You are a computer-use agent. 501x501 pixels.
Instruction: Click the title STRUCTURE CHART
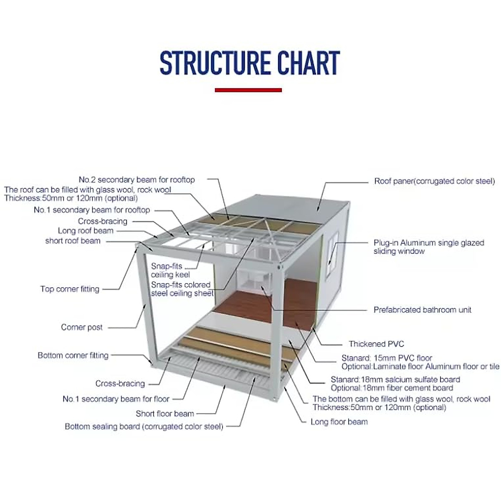(x=250, y=63)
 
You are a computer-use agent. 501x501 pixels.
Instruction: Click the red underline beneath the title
(x=248, y=90)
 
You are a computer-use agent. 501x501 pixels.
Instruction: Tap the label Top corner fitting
(x=70, y=289)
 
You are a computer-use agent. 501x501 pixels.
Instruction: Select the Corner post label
(x=81, y=327)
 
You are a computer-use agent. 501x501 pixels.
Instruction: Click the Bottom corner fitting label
(x=73, y=355)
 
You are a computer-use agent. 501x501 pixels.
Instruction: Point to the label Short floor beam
(x=164, y=414)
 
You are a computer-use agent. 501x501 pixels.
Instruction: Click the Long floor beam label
(x=339, y=422)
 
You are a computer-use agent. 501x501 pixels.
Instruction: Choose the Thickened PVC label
(x=376, y=344)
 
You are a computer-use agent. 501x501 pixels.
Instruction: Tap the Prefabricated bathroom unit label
(x=422, y=310)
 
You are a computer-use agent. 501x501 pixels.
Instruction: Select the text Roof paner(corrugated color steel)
(x=434, y=181)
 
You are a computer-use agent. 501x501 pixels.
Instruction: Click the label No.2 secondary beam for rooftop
(x=137, y=180)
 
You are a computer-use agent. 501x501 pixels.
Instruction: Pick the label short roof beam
(x=73, y=241)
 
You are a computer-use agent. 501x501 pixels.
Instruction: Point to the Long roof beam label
(x=86, y=231)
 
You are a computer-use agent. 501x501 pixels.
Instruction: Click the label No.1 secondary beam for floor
(x=116, y=399)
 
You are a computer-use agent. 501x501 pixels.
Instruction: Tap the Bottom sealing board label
(x=144, y=427)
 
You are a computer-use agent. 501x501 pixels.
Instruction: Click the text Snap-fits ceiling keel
(x=170, y=271)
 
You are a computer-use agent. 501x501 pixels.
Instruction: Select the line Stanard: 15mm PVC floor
(x=387, y=358)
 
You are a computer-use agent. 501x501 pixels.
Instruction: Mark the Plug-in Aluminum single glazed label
(x=428, y=243)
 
